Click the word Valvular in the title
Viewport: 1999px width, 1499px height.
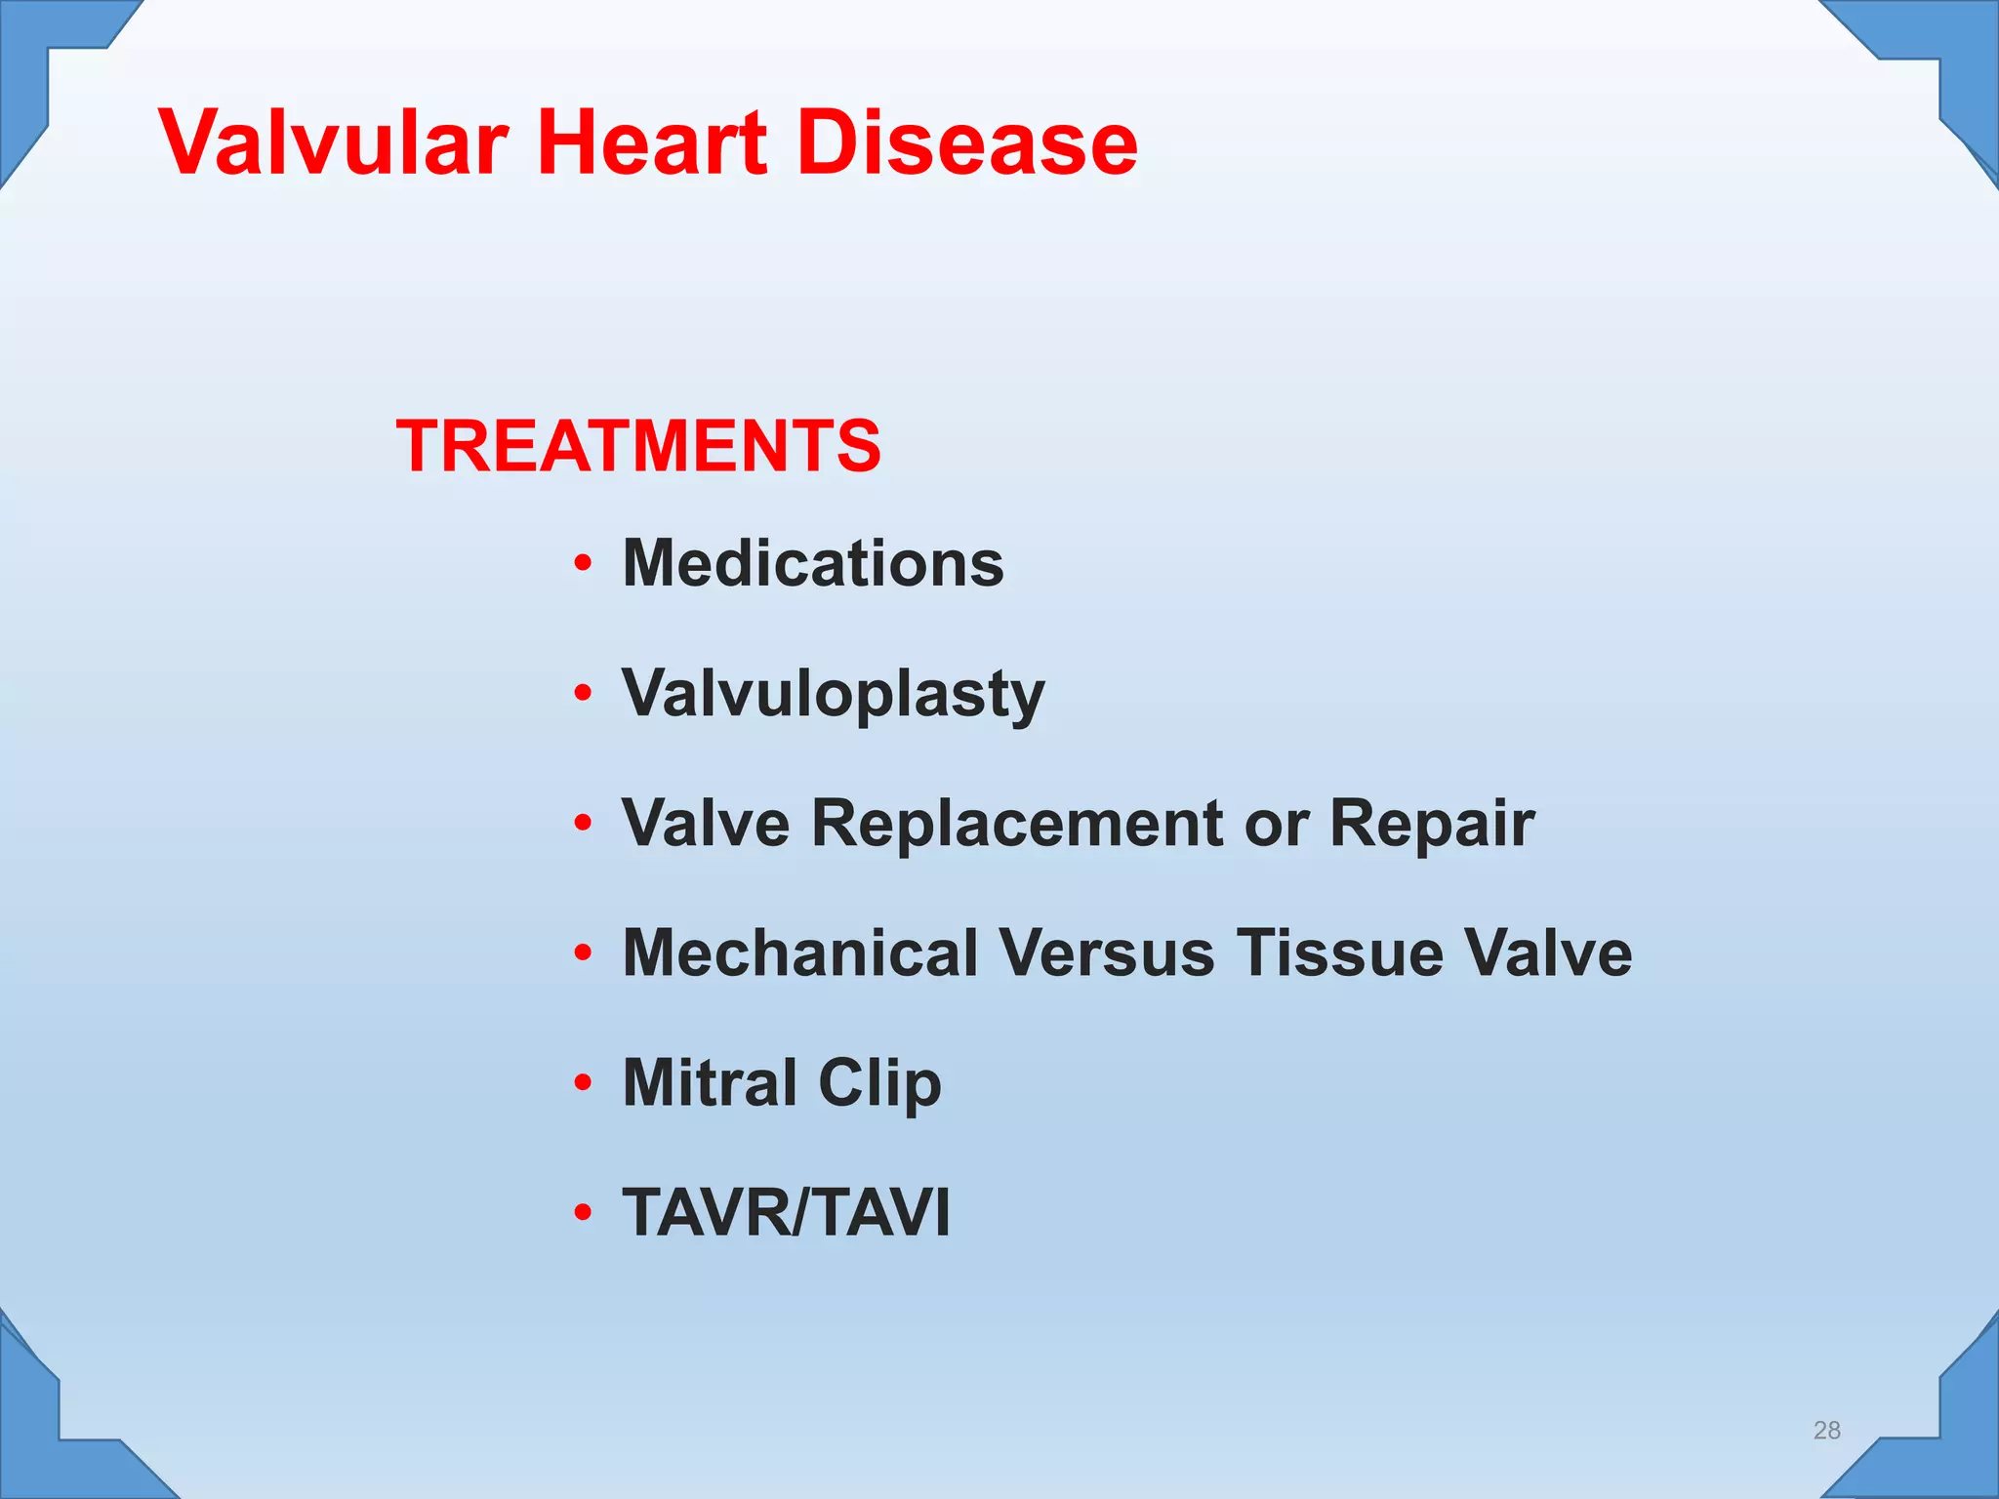coord(334,143)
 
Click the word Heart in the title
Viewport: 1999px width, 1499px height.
coord(652,143)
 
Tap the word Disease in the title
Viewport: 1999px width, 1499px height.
coord(967,143)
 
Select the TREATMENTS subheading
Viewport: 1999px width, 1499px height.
coord(638,446)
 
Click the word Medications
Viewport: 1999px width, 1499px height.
coord(813,564)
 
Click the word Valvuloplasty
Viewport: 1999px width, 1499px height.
coord(834,694)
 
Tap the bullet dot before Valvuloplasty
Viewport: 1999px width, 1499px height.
coord(583,693)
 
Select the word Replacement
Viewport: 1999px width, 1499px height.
coord(1016,823)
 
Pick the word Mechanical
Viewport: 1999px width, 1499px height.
coord(799,952)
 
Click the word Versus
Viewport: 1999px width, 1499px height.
coord(1107,952)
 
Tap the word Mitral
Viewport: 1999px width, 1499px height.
coord(710,1082)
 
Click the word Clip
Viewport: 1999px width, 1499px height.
coord(880,1084)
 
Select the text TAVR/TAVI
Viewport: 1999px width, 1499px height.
coord(786,1212)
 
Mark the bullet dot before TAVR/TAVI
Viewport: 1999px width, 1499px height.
coord(583,1212)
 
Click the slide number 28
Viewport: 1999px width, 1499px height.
coord(1826,1430)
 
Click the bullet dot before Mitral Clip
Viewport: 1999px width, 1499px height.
coord(583,1082)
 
